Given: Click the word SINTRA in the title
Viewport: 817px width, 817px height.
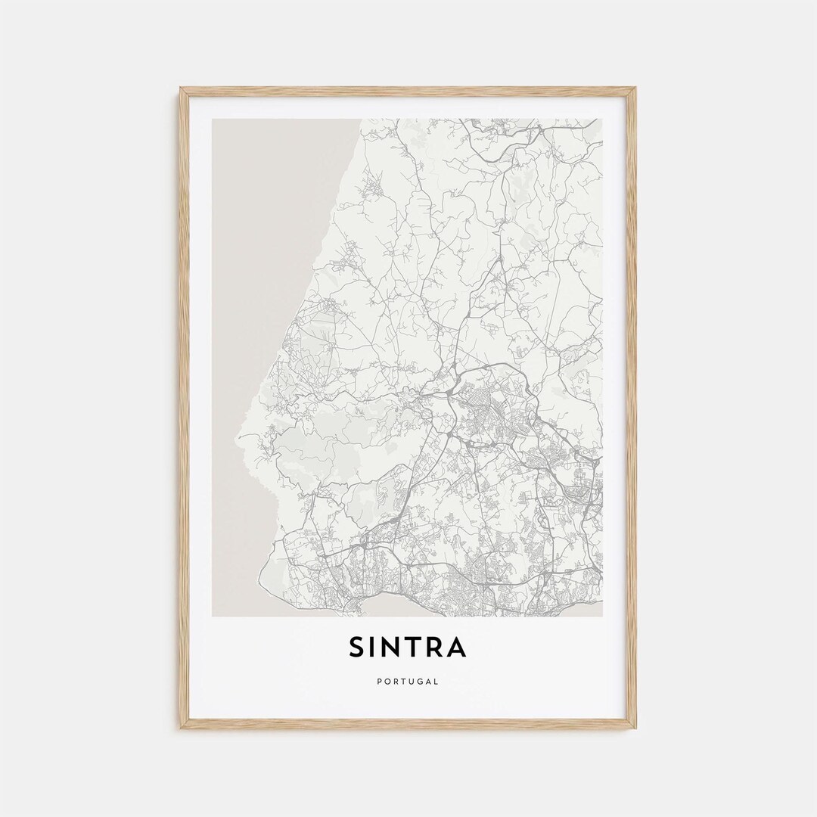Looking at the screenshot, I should (x=408, y=648).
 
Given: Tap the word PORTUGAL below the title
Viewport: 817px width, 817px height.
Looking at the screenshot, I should (x=408, y=682).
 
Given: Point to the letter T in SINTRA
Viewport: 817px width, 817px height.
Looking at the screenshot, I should (x=412, y=648).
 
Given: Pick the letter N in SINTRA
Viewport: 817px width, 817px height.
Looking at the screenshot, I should (x=392, y=648).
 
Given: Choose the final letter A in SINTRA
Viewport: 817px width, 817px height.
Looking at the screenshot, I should (x=456, y=648).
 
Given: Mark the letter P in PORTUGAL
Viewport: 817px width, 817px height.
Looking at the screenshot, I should (x=378, y=682).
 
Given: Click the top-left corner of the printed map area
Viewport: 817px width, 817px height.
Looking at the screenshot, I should (x=213, y=120).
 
